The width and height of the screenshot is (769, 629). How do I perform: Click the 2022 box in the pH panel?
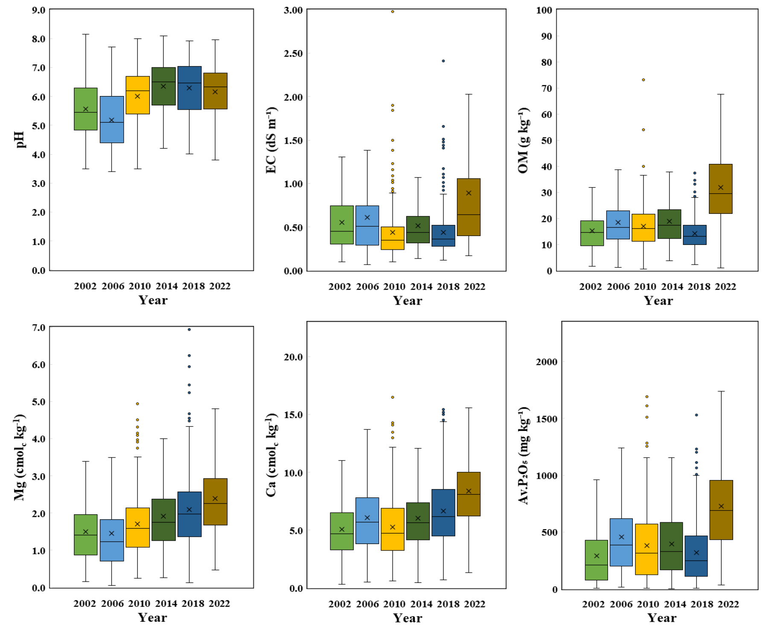point(215,91)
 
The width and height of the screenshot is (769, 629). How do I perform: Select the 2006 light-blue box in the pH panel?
point(112,119)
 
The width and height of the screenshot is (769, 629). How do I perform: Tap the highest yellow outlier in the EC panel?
point(393,12)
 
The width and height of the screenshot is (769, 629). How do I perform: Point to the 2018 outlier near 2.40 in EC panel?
point(443,61)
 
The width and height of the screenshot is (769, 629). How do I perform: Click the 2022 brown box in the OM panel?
point(720,189)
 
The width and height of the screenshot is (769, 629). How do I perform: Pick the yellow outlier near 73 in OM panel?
point(644,80)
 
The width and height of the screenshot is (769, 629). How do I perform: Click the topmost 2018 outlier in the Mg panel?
point(189,329)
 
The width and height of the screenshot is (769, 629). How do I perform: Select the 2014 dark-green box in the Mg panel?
point(163,520)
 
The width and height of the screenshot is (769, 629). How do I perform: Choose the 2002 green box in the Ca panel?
point(342,531)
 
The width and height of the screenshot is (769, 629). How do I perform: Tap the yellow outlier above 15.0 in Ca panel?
point(393,397)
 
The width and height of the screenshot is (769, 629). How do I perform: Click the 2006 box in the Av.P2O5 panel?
point(621,542)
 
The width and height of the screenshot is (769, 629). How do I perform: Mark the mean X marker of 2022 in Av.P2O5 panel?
point(721,506)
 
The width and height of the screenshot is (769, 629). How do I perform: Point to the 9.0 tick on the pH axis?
point(38,10)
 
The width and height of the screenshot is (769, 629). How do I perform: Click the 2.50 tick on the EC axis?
point(293,53)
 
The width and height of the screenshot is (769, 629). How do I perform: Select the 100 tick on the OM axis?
point(544,10)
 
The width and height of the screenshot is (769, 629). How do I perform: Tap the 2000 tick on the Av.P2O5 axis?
point(547,362)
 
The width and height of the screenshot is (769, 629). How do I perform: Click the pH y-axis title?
point(20,140)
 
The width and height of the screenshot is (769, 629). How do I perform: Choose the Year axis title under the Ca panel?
point(408,618)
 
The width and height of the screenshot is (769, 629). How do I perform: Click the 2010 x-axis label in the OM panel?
point(645,286)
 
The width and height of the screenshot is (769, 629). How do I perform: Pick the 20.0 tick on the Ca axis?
point(293,357)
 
